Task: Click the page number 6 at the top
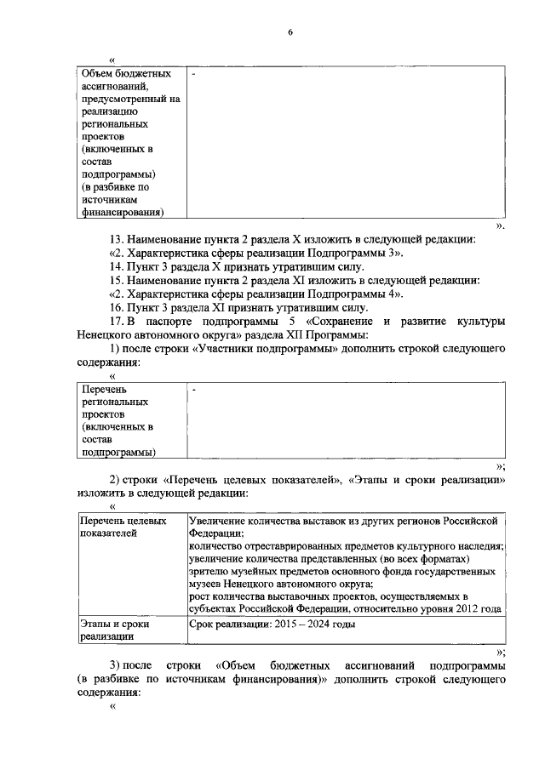coord(290,32)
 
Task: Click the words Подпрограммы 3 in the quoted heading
coord(368,253)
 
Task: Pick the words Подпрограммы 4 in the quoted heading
coord(368,294)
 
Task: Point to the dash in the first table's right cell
coord(194,76)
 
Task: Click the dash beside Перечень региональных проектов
coord(194,390)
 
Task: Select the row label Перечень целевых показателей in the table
coord(121,526)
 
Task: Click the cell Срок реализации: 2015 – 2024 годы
coord(272,625)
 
